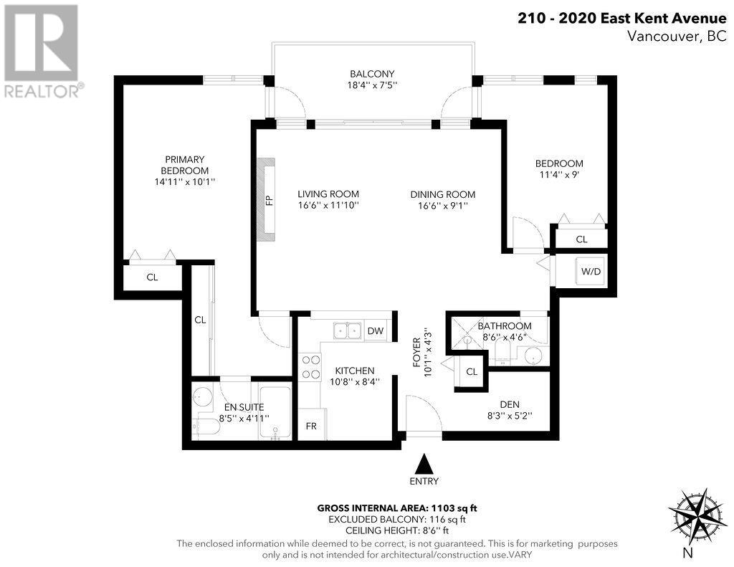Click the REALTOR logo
tap(42, 50)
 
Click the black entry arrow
tap(425, 462)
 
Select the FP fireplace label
tap(270, 200)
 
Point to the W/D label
tap(591, 272)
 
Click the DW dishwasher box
tap(375, 330)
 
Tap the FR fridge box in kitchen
tap(312, 426)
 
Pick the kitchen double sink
tap(347, 330)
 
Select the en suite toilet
tap(206, 428)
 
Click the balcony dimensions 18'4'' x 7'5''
tap(372, 85)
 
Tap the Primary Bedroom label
tap(184, 165)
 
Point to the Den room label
tap(510, 402)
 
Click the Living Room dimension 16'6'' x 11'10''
tap(328, 206)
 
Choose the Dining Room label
tap(442, 194)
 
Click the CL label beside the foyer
tap(471, 371)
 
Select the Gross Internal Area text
tap(397, 508)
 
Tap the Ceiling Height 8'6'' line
tap(397, 530)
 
